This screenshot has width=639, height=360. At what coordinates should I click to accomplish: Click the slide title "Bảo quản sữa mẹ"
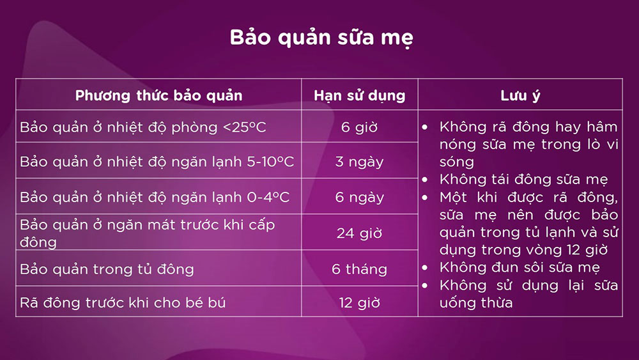321,38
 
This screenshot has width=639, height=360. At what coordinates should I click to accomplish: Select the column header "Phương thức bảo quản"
158,95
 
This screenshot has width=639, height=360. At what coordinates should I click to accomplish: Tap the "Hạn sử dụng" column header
359,96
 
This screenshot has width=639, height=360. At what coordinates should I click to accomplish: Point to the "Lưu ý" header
520,96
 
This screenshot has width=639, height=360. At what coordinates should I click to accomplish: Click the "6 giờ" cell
359,127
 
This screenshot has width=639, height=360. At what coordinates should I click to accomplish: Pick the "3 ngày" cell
359,162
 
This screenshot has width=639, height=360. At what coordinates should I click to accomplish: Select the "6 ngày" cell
359,198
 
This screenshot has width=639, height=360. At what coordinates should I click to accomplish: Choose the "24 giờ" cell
359,233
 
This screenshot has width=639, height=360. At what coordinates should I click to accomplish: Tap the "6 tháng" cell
359,269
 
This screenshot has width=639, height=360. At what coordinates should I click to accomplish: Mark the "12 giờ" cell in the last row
359,303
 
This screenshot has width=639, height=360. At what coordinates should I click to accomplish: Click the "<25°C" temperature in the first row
245,127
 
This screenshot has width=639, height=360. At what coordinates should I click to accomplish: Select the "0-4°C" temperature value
268,198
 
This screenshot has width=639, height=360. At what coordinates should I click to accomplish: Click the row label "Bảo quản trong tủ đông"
107,269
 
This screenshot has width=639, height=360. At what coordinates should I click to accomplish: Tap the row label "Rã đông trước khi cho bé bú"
123,303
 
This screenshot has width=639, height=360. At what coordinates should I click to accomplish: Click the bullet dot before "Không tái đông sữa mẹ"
425,180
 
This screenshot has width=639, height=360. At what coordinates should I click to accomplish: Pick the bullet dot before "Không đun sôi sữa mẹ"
425,267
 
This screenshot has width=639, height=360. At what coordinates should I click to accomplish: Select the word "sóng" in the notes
456,162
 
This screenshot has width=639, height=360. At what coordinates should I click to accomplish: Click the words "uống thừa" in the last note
476,303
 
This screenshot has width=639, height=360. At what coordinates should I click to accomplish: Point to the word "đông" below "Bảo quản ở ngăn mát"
38,242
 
